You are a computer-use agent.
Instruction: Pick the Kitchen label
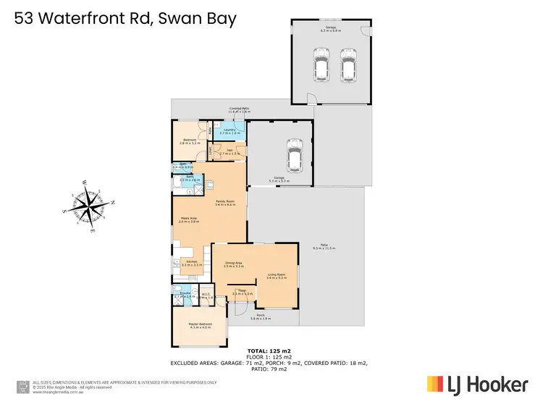pyautogui.click(x=192, y=263)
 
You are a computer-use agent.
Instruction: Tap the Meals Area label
pyautogui.click(x=190, y=219)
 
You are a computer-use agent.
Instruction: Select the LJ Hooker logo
pyautogui.click(x=477, y=385)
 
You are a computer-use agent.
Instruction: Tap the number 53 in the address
pyautogui.click(x=25, y=18)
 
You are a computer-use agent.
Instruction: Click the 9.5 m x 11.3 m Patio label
pyautogui.click(x=324, y=246)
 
